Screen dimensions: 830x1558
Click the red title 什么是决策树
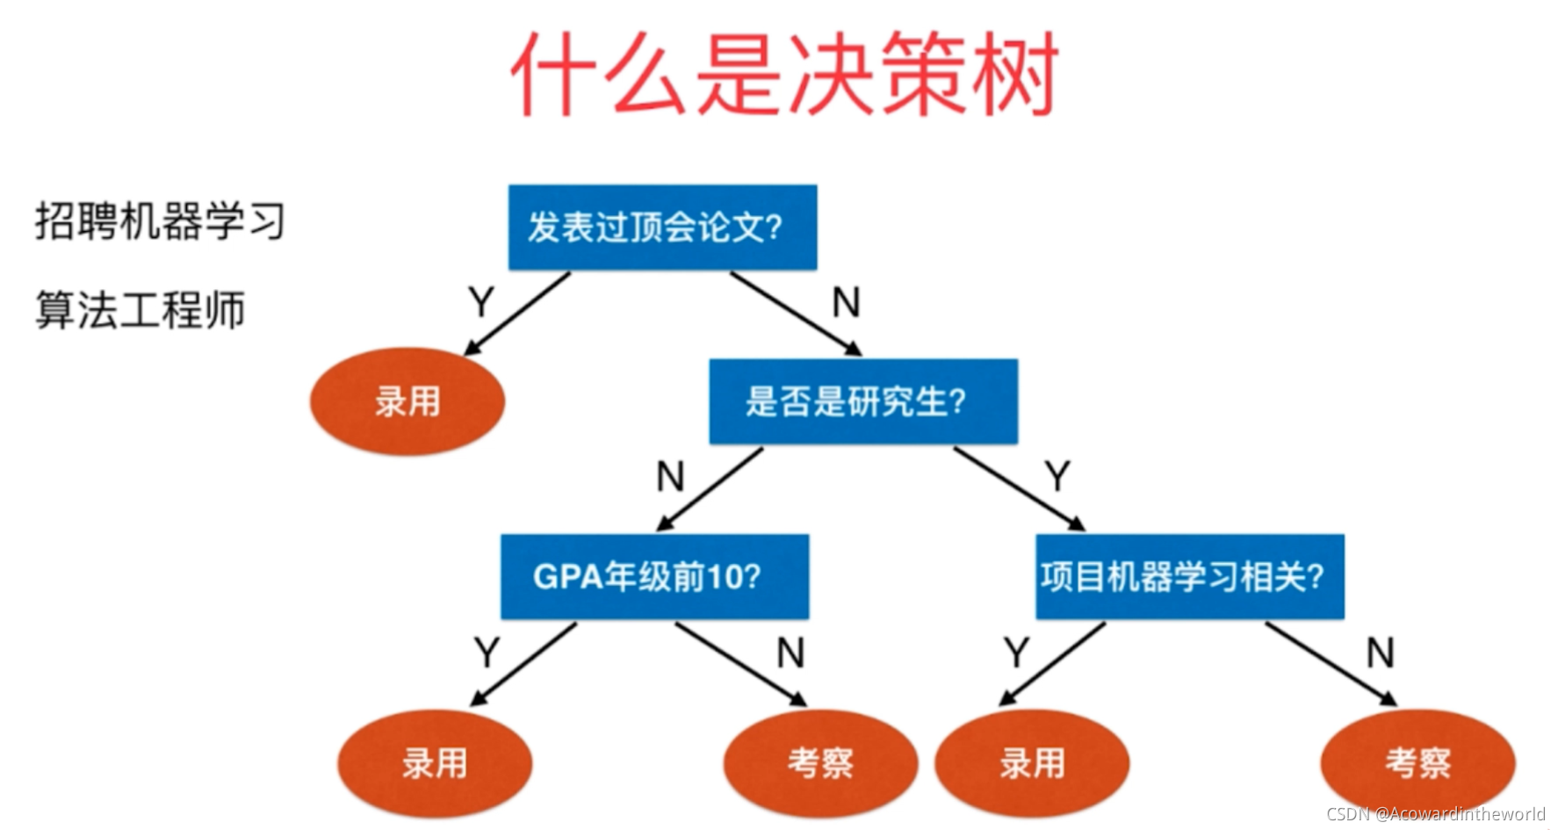click(x=784, y=75)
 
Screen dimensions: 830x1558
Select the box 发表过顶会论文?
click(x=662, y=227)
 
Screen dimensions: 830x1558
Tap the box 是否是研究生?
click(x=863, y=401)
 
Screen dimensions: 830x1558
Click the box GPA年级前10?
click(x=654, y=577)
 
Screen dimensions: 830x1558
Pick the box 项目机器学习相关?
click(x=1189, y=577)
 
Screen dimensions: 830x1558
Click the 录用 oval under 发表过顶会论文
click(x=408, y=401)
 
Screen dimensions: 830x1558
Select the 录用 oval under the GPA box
click(x=435, y=763)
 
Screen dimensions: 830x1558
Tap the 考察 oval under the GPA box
click(x=820, y=763)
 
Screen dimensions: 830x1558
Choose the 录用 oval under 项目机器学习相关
click(x=1032, y=763)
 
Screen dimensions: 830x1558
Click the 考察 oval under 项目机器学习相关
click(x=1417, y=763)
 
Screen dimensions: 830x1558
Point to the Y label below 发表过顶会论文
click(x=481, y=303)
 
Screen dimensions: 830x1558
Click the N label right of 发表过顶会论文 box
click(x=846, y=303)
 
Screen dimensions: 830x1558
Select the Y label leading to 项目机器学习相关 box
click(x=1058, y=477)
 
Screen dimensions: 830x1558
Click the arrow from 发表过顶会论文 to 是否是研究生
click(x=795, y=314)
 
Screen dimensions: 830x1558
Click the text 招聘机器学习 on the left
click(x=160, y=220)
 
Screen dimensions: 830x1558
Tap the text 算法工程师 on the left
click(x=140, y=311)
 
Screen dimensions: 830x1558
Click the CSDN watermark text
click(x=1435, y=814)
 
